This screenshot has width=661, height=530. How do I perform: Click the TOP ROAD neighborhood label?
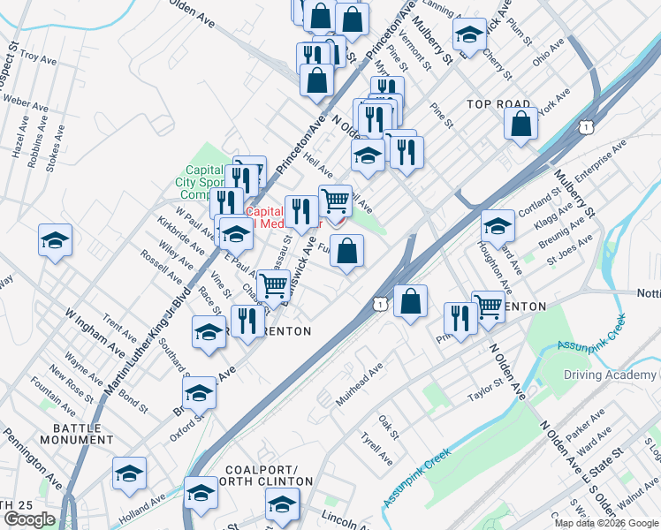pos(498,104)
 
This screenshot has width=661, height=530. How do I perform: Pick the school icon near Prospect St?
pos(55,240)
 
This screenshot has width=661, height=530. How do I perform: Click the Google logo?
pos(29,519)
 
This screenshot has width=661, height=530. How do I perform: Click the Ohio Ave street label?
pos(548,55)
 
